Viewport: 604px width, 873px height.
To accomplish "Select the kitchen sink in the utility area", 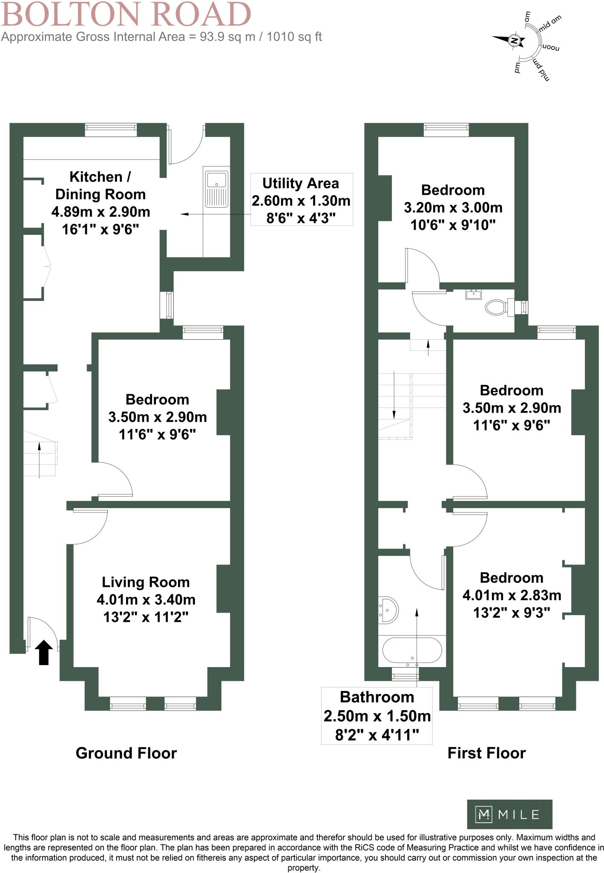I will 217,189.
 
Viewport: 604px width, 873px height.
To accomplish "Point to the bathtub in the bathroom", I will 412,650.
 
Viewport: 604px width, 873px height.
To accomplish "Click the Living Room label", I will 146,582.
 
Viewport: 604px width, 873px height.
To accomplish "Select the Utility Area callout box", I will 301,199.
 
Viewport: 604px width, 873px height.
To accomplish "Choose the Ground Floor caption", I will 126,753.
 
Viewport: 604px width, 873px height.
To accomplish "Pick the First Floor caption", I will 486,753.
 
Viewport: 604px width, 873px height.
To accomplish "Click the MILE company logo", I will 509,815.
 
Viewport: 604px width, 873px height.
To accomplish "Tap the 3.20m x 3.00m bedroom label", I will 453,208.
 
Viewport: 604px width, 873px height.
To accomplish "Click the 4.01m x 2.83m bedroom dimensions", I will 512,595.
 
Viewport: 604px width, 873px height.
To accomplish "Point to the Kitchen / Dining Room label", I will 101,185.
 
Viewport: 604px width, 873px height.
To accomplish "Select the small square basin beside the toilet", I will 473,294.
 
